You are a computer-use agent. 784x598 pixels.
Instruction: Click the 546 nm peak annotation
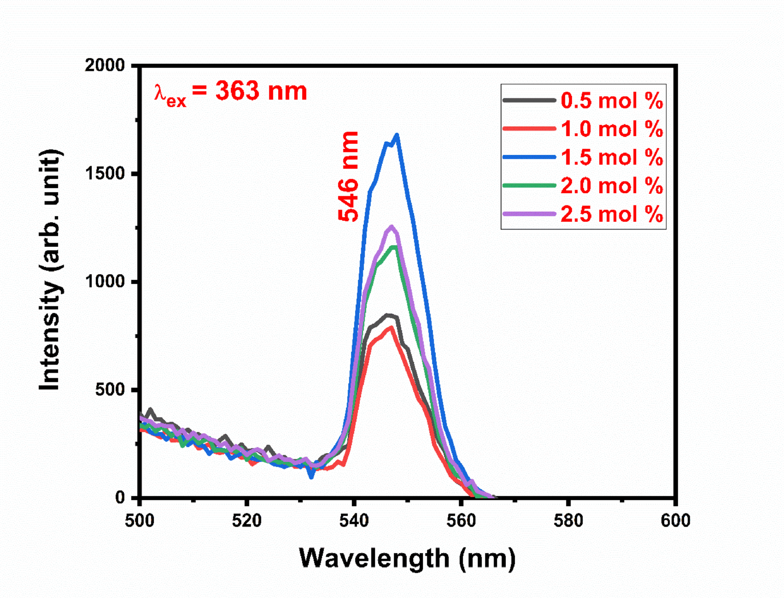[349, 176]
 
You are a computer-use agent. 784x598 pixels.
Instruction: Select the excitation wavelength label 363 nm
[231, 92]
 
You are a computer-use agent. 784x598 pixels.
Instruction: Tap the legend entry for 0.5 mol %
[611, 100]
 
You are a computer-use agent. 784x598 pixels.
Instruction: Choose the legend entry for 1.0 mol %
[611, 129]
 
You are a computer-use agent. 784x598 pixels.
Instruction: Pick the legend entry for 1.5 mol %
[611, 157]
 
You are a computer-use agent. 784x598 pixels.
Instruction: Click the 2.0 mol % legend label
[611, 186]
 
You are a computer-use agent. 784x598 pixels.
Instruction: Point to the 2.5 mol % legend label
[611, 214]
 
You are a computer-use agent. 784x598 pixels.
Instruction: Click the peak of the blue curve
[397, 135]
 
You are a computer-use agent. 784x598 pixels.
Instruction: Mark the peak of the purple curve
[392, 226]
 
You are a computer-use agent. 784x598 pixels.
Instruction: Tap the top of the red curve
[391, 327]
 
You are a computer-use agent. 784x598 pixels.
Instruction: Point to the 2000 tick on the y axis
[105, 65]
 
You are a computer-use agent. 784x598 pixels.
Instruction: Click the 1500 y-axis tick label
[105, 173]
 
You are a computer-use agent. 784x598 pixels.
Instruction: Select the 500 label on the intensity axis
[110, 389]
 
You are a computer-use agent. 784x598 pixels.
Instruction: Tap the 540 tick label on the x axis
[354, 521]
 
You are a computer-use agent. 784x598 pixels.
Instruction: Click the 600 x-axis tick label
[675, 521]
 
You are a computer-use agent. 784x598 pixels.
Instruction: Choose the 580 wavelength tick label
[568, 521]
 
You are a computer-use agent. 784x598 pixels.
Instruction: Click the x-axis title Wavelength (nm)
[407, 558]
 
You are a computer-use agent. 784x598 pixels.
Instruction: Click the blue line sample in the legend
[529, 157]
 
